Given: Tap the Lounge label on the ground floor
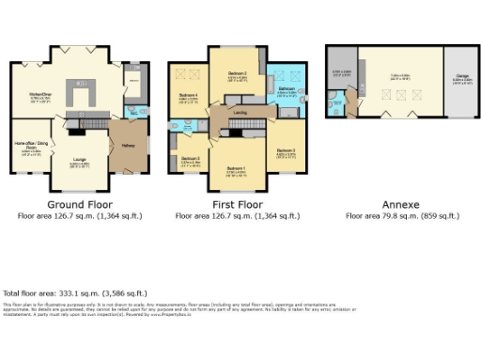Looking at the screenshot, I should [80, 162].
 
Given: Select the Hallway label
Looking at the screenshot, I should [129, 146].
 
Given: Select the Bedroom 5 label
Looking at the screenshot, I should [191, 159].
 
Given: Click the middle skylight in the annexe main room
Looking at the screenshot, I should [401, 95].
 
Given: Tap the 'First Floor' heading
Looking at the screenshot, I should [237, 204].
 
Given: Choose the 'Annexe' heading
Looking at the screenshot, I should [400, 204].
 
